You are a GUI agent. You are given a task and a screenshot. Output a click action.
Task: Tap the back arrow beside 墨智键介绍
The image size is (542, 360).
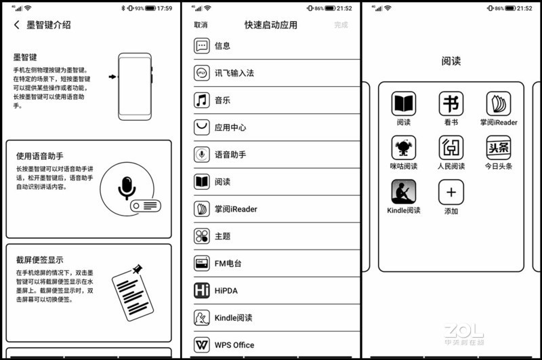pos(16,25)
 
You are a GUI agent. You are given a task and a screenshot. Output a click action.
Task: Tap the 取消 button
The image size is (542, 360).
pos(201,25)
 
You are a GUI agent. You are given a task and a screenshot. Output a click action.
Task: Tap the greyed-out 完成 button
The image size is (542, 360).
pos(341,25)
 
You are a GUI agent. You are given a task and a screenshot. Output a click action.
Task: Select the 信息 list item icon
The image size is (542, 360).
pos(202,46)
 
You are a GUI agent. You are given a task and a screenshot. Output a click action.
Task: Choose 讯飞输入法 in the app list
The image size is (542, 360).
pos(234,73)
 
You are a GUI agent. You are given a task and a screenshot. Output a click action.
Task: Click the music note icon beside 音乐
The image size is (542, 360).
pos(202,100)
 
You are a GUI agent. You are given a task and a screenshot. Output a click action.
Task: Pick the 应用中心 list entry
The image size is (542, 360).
pos(230,127)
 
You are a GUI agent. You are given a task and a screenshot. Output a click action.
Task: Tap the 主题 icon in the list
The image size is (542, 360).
pos(202,236)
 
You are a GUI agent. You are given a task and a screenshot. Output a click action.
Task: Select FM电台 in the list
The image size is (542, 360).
pos(228,263)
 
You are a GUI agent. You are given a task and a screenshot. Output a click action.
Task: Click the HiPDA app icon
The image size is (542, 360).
pos(202,290)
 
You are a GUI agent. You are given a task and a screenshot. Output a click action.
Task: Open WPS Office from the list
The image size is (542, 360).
pos(234,344)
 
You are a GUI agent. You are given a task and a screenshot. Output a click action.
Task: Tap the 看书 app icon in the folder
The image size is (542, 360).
pos(451,104)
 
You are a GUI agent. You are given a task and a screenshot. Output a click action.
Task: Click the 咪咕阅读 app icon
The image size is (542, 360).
pos(404,148)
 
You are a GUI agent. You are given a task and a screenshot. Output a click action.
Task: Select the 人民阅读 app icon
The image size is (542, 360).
pos(451,148)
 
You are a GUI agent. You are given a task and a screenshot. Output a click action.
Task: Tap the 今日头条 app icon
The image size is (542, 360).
pos(499,148)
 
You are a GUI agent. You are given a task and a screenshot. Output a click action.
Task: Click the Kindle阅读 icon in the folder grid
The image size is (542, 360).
pos(404,192)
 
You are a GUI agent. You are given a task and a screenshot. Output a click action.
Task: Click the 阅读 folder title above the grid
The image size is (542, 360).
pos(451,61)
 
